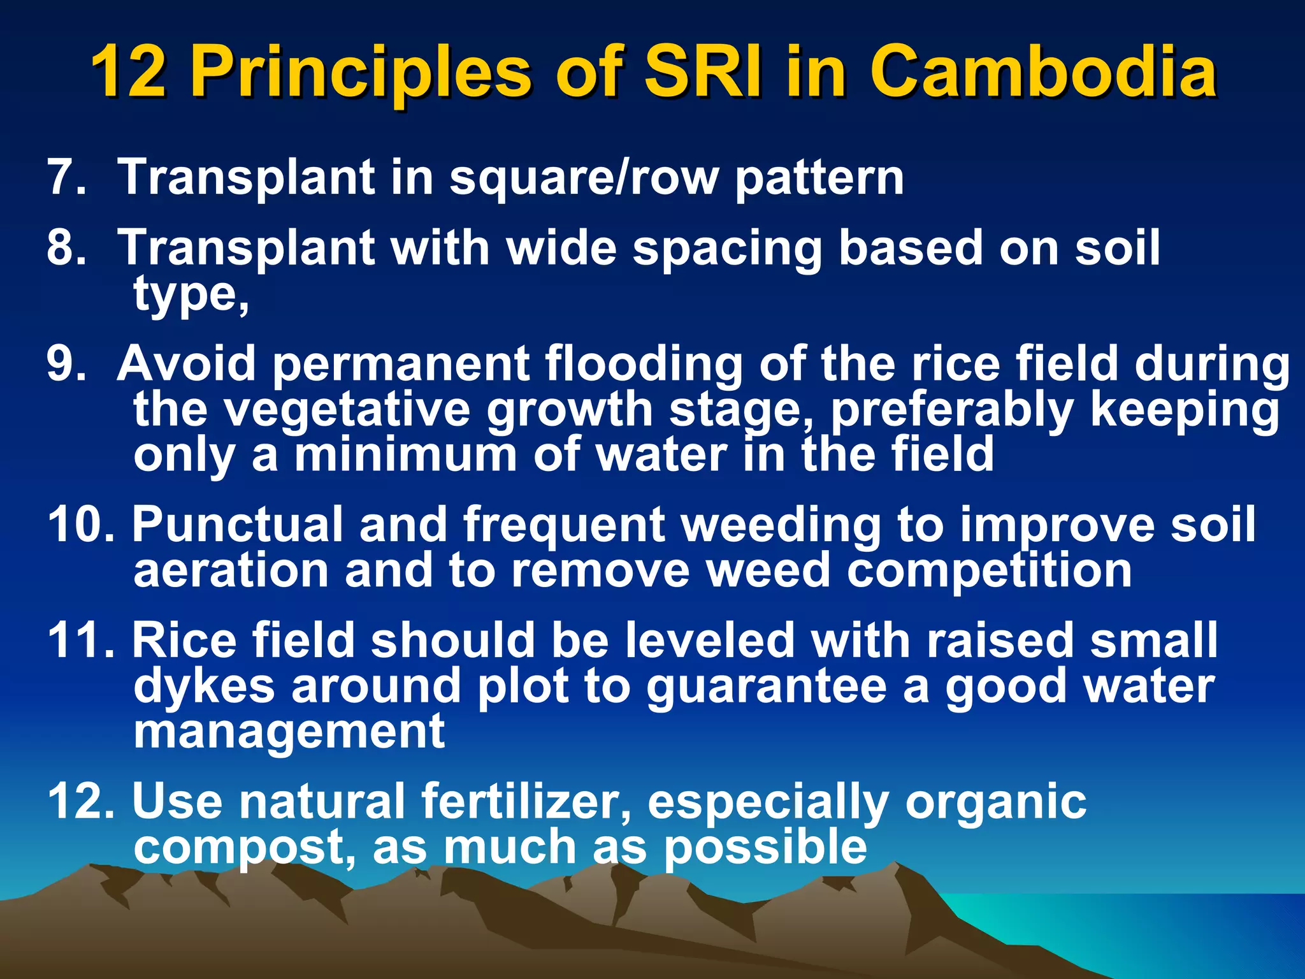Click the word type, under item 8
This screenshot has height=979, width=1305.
(191, 296)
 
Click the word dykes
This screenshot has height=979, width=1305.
(204, 686)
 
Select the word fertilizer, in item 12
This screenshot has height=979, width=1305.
(526, 801)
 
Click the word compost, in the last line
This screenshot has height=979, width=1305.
(245, 848)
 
